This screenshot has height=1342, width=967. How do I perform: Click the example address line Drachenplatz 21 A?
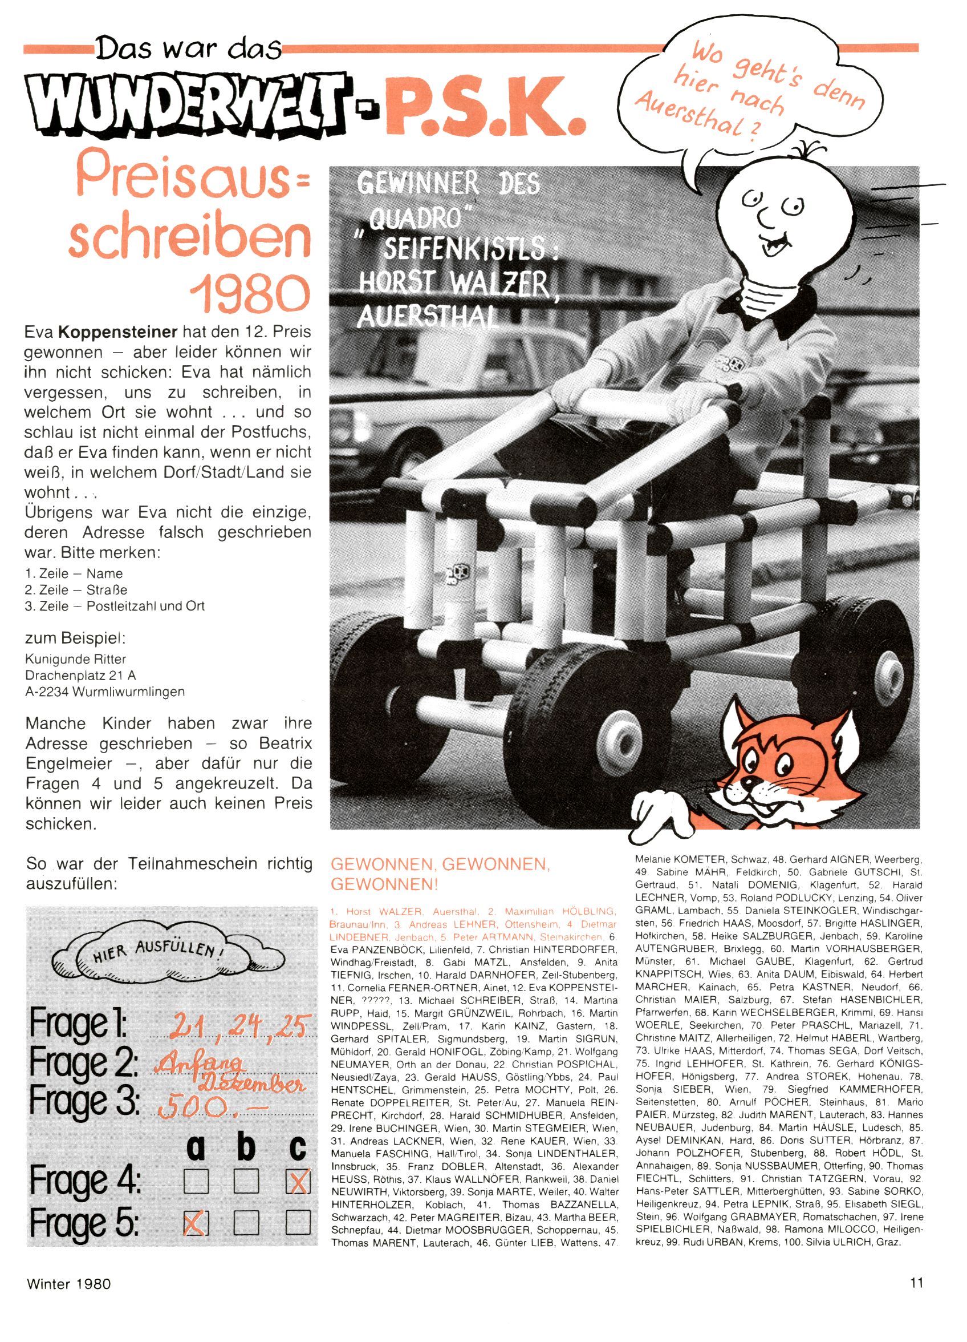pos(81,675)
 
